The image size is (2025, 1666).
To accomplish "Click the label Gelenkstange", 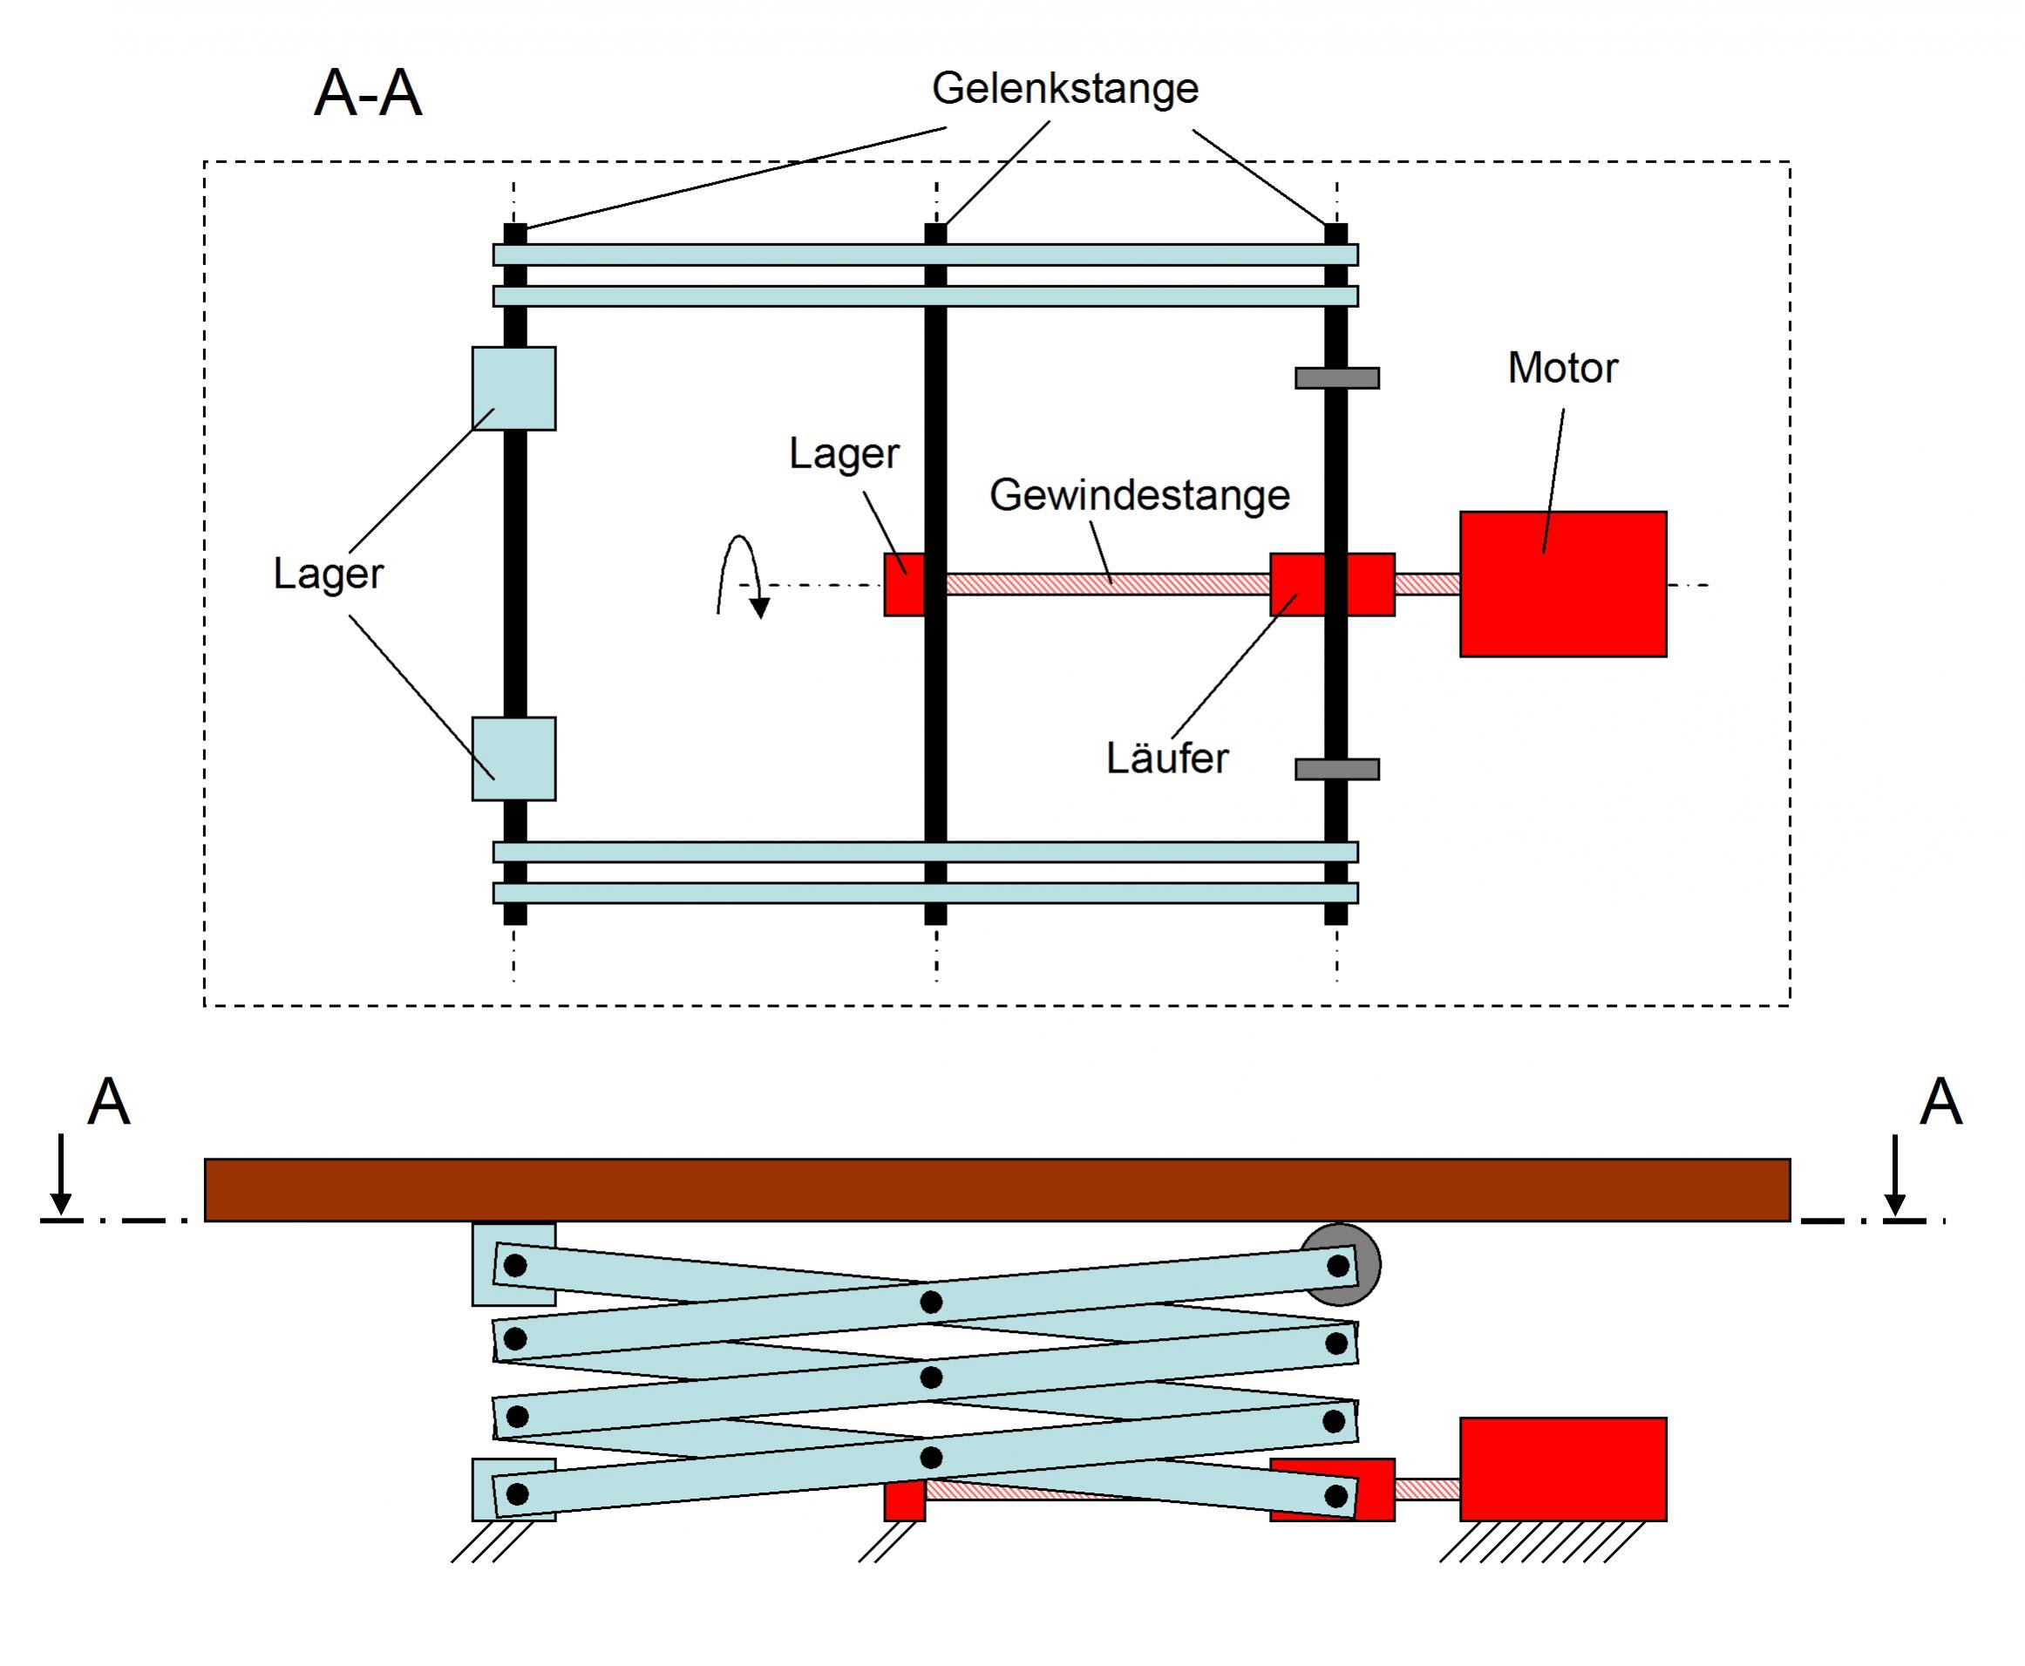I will pos(1064,89).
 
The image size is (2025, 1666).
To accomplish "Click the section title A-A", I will pos(368,94).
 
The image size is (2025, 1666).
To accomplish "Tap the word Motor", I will pos(1561,369).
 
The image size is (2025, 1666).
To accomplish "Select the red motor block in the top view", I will pos(1562,584).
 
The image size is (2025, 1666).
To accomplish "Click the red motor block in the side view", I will pos(1562,1468).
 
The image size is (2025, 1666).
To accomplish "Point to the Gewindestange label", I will pos(1139,496).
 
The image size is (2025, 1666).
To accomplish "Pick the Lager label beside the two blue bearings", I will pos(329,575).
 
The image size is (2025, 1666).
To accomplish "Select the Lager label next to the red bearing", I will pos(844,454).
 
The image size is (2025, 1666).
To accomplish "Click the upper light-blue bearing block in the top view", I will pos(513,389).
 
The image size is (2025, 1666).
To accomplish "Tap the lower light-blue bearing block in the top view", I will pos(513,759).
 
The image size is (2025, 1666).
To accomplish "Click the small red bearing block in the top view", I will pos(904,584).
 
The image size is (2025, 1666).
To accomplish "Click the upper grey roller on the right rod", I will pos(1336,378).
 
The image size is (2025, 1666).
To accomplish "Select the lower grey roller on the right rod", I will pos(1336,770).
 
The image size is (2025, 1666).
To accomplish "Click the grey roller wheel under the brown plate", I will pos(1365,1265).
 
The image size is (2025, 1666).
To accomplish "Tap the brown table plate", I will pos(996,1190).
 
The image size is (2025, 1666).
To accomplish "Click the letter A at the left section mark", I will pos(108,1103).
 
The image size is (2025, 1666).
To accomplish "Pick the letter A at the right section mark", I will pos(1940,1103).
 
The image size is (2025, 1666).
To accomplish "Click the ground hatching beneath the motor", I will pos(1542,1542).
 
